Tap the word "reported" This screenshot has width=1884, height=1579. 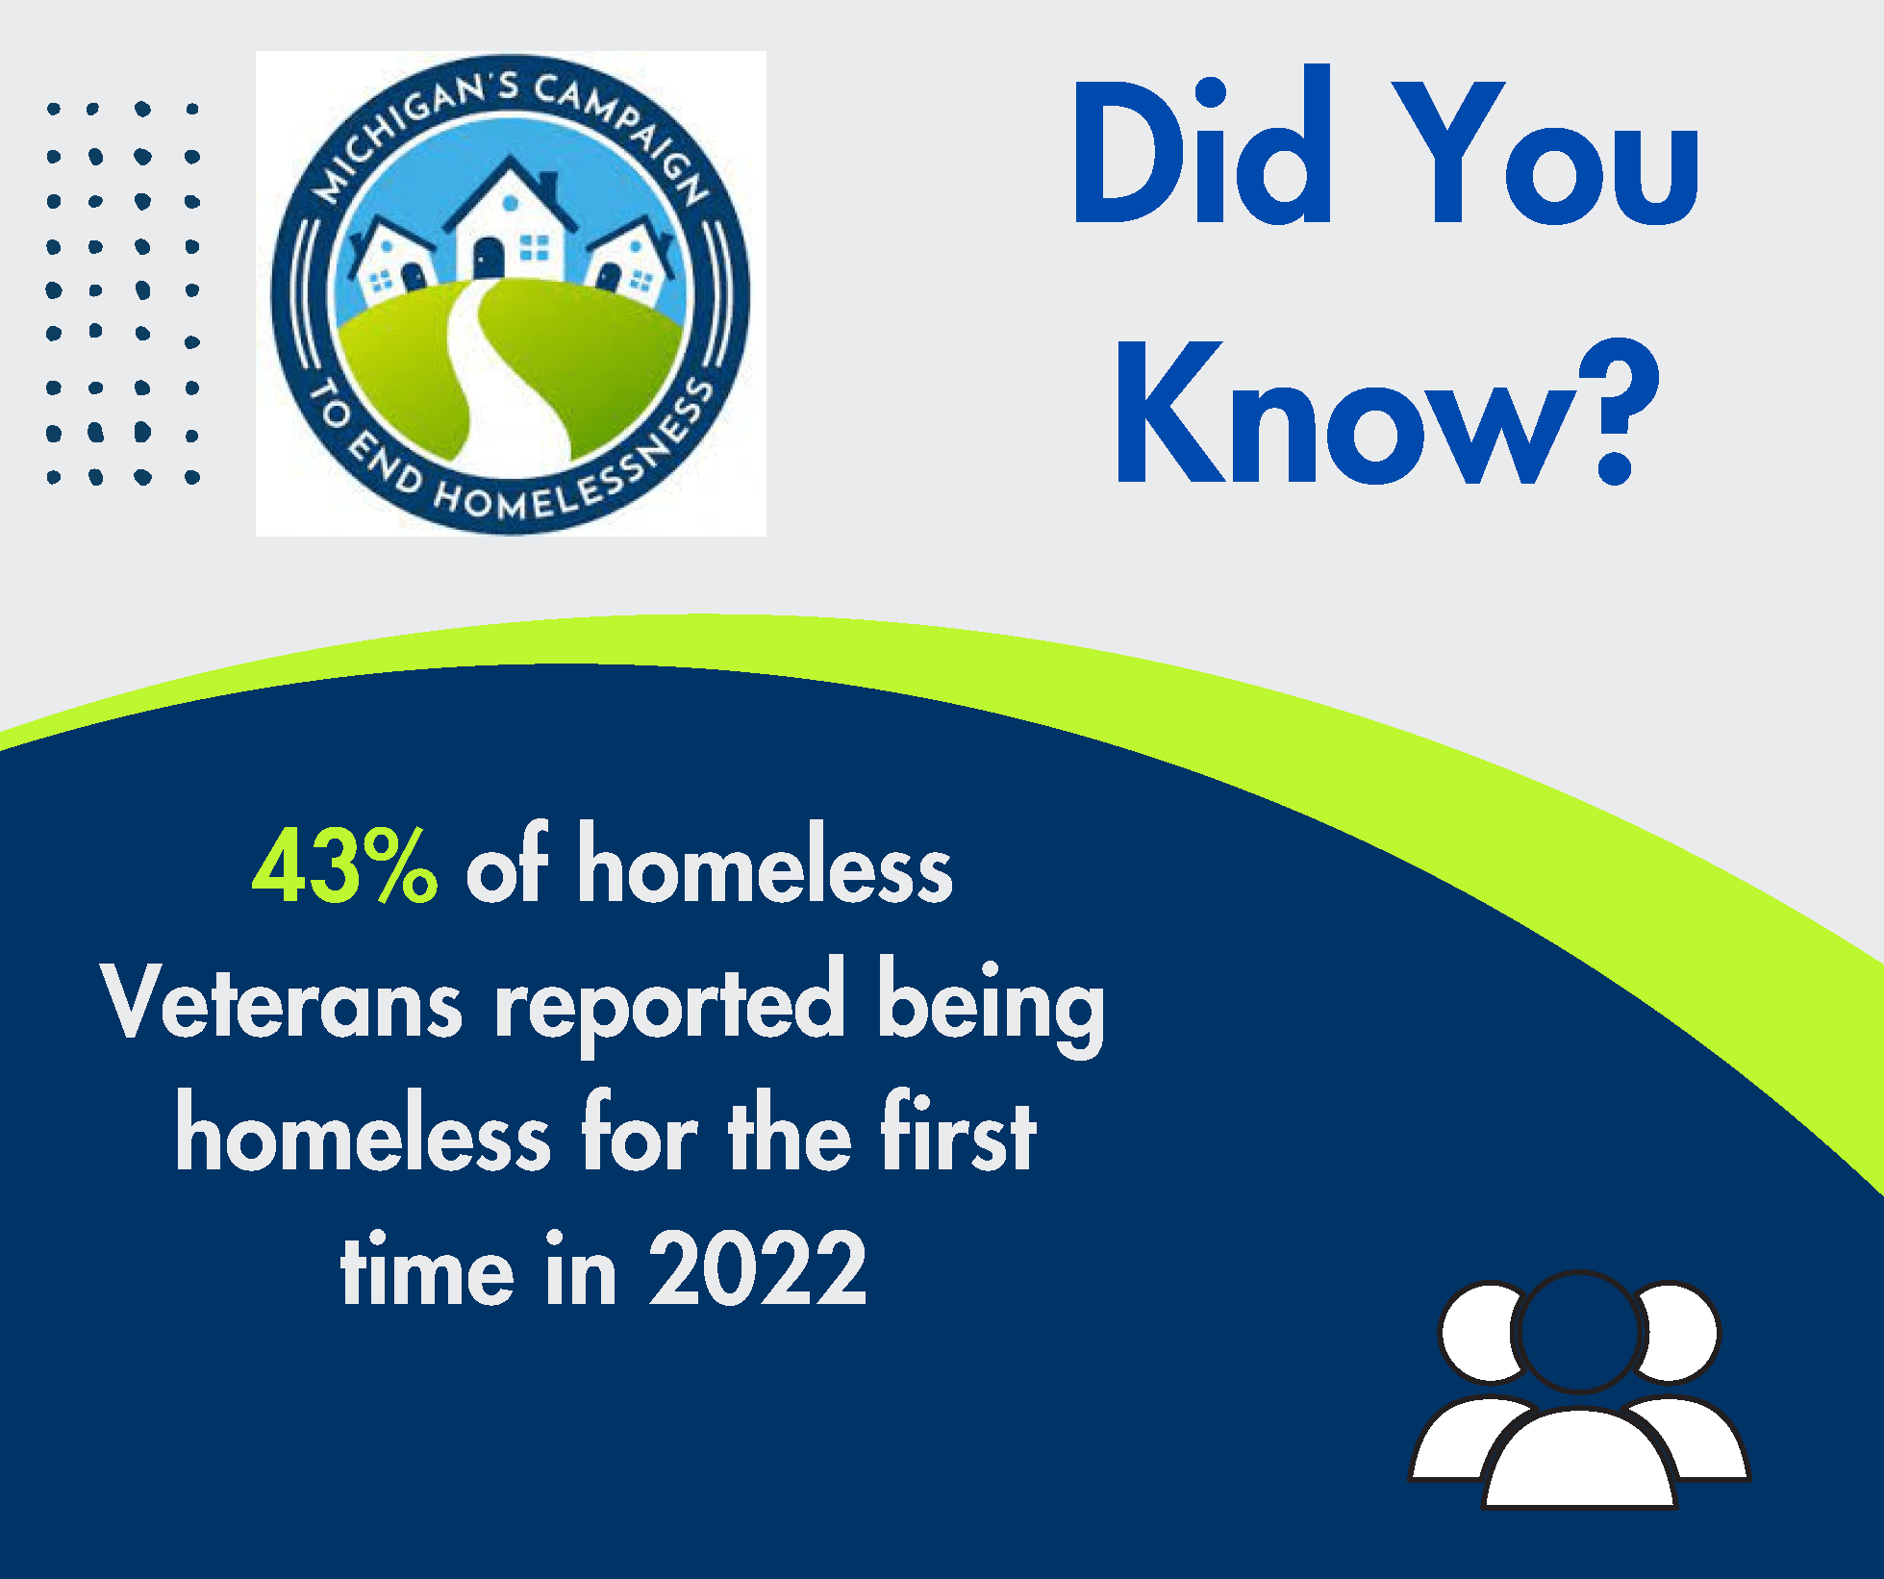pyautogui.click(x=669, y=1006)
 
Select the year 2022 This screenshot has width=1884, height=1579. pyautogui.click(x=757, y=1270)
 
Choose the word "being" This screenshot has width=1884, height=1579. pyautogui.click(x=991, y=1006)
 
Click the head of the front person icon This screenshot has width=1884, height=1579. pyautogui.click(x=1578, y=1332)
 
